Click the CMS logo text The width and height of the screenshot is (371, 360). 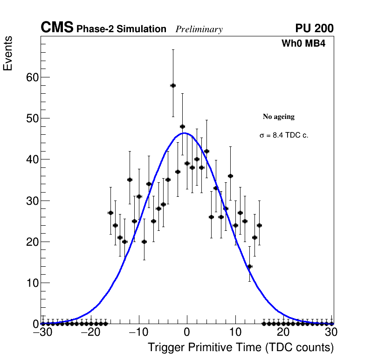[57, 28]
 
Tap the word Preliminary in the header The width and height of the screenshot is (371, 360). [199, 29]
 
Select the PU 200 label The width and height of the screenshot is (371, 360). [314, 28]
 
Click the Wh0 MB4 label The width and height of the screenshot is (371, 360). [303, 44]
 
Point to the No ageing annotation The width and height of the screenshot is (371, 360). [279, 117]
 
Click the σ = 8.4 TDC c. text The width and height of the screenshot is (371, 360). [284, 135]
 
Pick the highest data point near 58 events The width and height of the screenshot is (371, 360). [173, 85]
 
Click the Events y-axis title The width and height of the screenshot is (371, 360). [8, 53]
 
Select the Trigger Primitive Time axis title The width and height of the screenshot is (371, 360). [240, 347]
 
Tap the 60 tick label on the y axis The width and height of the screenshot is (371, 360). [31, 77]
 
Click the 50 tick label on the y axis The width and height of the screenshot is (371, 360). [31, 118]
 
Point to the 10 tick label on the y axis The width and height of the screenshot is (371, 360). [31, 283]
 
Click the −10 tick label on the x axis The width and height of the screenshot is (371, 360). [138, 332]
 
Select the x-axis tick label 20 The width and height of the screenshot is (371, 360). [283, 332]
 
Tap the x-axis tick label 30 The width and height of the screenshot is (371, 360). [331, 332]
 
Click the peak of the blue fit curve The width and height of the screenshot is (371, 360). [185, 133]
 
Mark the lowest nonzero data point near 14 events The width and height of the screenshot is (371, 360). [250, 266]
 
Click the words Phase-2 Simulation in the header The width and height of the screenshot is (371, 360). [121, 29]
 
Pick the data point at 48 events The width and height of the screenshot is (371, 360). [183, 126]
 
